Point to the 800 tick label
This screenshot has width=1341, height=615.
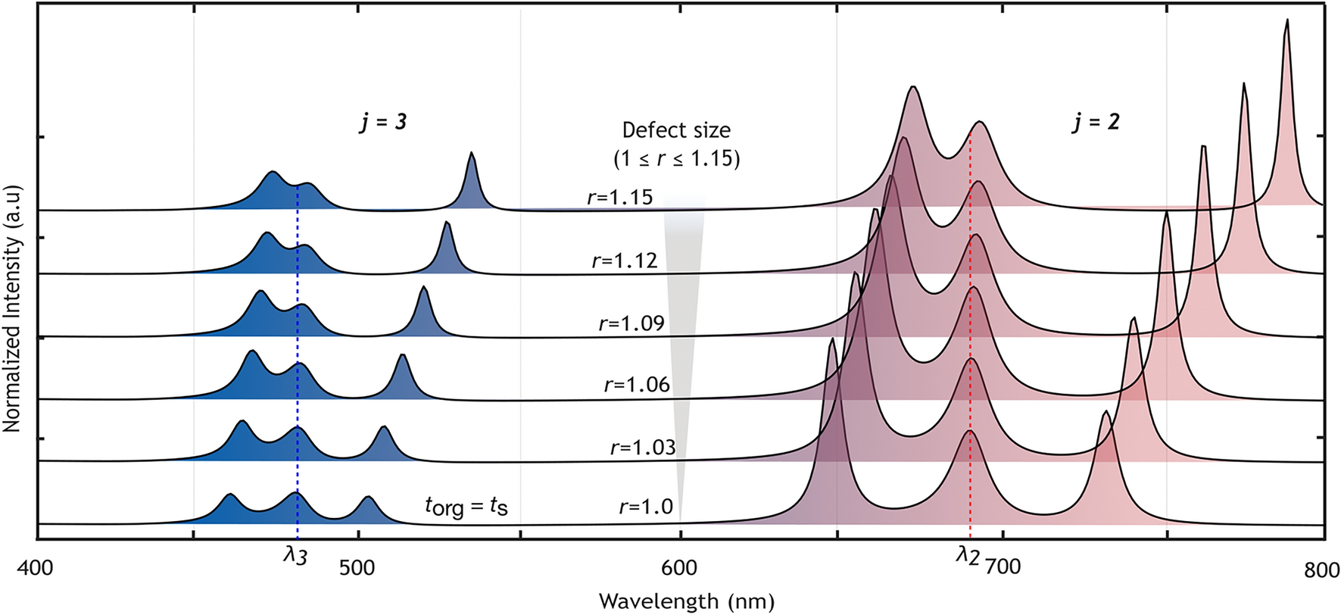tap(1322, 569)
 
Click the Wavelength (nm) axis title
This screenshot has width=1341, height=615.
tap(687, 601)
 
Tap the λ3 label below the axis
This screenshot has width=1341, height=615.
tap(295, 555)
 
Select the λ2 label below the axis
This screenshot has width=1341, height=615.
tap(968, 555)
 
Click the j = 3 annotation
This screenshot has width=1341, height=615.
tap(383, 121)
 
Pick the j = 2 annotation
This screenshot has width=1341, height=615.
tap(1096, 121)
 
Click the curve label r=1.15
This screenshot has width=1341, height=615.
tap(619, 198)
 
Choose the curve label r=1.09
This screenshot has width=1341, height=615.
tap(632, 323)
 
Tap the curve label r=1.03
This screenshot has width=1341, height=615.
tap(643, 447)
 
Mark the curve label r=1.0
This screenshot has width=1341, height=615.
tap(646, 506)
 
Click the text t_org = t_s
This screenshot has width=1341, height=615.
tap(466, 505)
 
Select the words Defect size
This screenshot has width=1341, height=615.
tap(676, 130)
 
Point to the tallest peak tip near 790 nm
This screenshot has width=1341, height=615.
tap(1286, 23)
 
